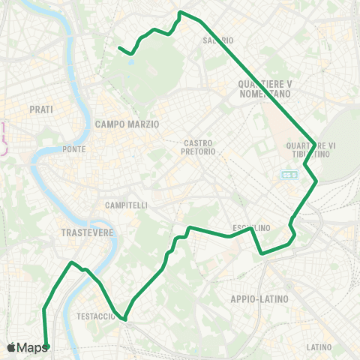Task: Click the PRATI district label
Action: pyautogui.click(x=41, y=109)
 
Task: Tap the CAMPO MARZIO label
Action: pyautogui.click(x=127, y=125)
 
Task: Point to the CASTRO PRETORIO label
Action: pyautogui.click(x=199, y=147)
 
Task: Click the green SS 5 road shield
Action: pyautogui.click(x=289, y=175)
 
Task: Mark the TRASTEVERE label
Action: pyautogui.click(x=87, y=232)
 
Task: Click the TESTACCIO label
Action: pyautogui.click(x=94, y=317)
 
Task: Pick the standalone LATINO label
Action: pyautogui.click(x=319, y=347)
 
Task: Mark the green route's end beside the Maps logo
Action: pyautogui.click(x=46, y=346)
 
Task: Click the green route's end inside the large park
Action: pyautogui.click(x=120, y=49)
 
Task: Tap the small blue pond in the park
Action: pyautogui.click(x=132, y=61)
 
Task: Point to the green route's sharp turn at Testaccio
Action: pyautogui.click(x=124, y=319)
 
